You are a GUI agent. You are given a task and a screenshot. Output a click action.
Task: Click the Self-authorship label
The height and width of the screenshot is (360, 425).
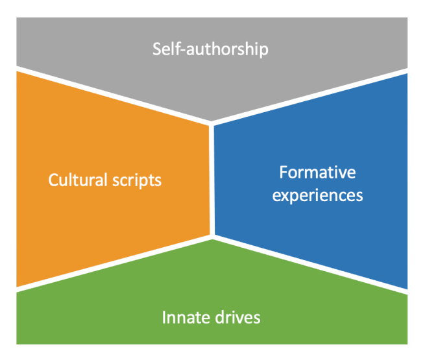[x=210, y=49]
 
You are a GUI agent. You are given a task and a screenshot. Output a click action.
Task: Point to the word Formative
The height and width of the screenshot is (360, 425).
[x=317, y=173]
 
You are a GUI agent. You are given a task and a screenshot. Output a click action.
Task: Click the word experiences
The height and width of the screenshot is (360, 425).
[x=317, y=195]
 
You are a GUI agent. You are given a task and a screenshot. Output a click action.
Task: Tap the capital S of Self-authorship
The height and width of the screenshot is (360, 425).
[x=157, y=49]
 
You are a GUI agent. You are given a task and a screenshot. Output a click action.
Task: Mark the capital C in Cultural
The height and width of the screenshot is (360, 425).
[x=53, y=180]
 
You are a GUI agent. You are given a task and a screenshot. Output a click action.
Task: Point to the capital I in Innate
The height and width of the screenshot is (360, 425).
[x=164, y=318]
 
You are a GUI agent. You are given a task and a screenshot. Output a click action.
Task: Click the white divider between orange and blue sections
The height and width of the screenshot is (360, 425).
[x=212, y=182]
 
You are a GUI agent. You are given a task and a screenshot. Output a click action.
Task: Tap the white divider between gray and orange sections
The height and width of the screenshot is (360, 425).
[x=110, y=95]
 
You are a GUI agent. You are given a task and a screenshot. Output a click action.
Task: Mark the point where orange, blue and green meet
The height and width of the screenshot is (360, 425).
[x=212, y=237]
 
